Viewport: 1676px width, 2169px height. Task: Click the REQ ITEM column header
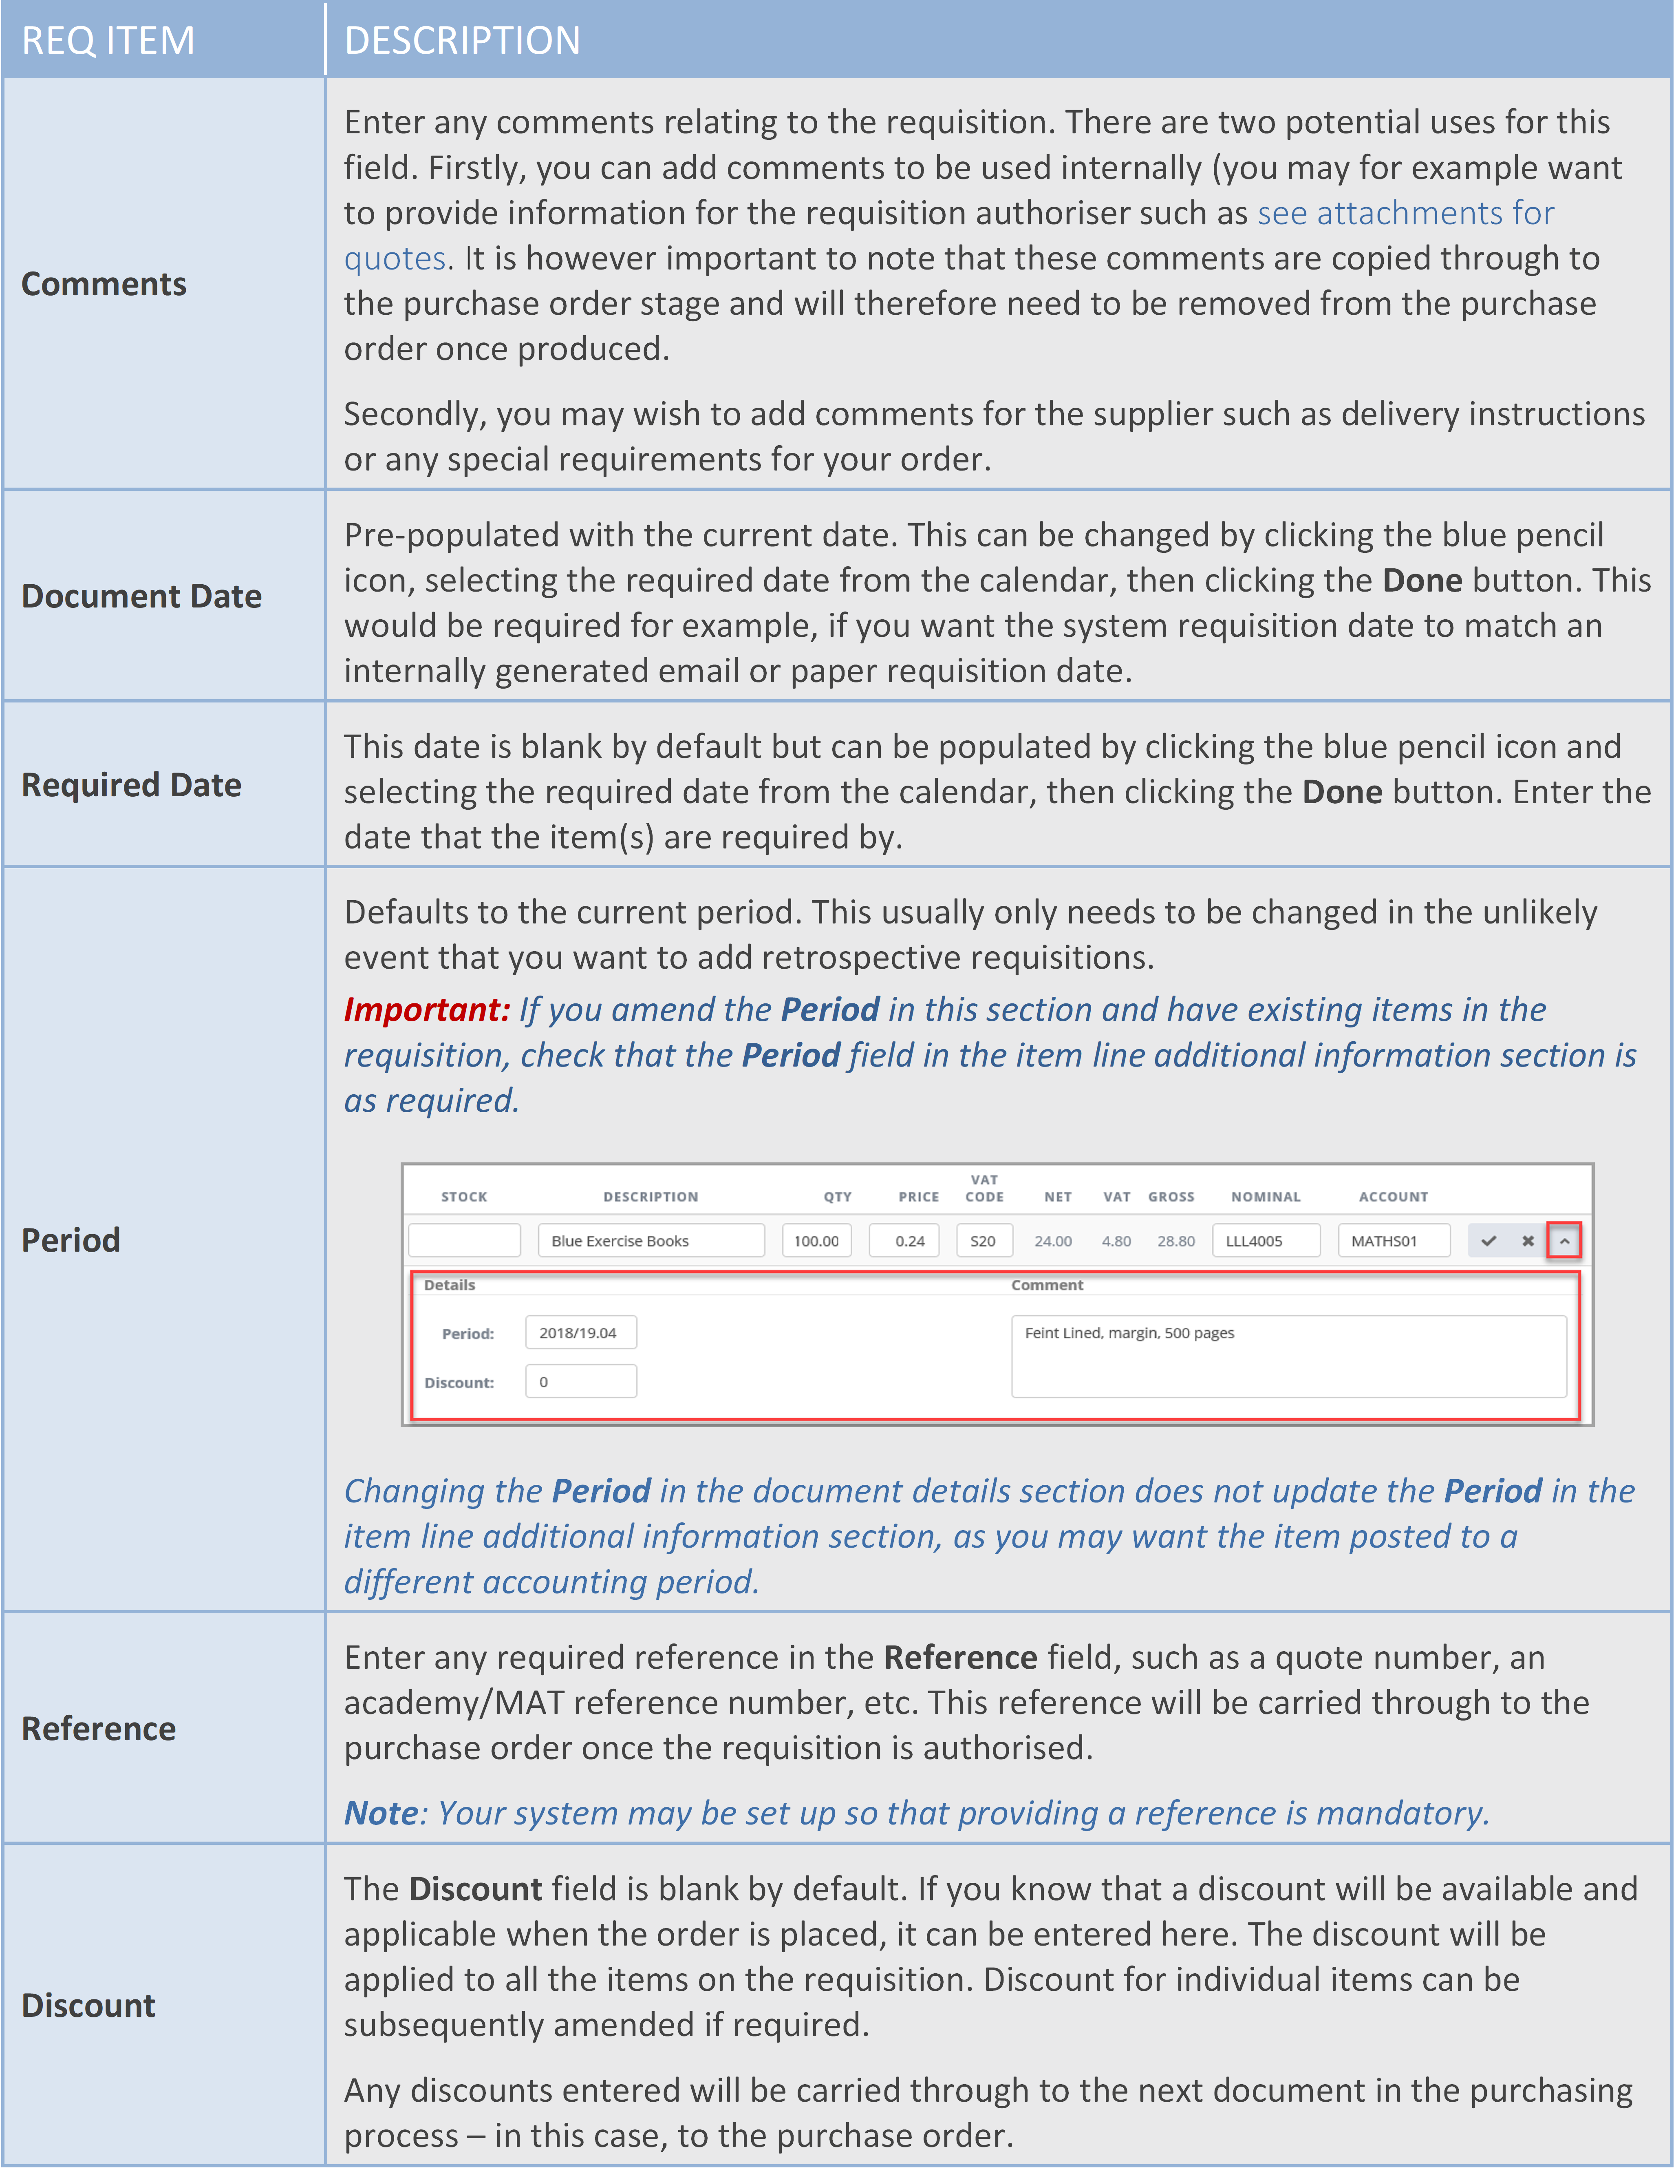(108, 41)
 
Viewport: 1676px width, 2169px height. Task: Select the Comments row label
(104, 284)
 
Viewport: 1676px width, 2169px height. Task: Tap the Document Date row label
(142, 596)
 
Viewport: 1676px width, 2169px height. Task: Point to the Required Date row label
(132, 784)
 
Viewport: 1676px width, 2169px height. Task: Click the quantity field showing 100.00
(816, 1240)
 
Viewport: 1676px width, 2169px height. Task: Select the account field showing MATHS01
(1393, 1240)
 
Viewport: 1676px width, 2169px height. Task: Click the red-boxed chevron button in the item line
(1564, 1240)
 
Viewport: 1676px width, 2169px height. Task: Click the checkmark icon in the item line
(1489, 1240)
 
